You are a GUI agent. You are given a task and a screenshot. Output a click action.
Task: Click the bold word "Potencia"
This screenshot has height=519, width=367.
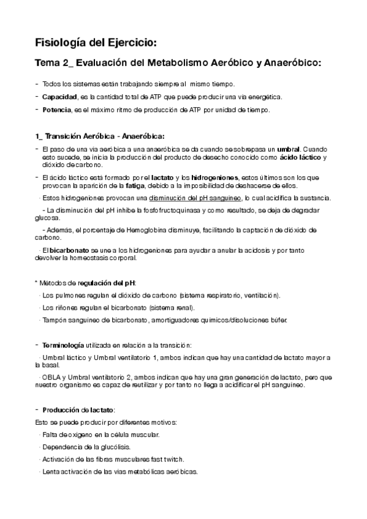55,110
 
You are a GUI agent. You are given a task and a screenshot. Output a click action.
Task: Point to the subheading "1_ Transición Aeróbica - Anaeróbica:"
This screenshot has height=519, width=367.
99,136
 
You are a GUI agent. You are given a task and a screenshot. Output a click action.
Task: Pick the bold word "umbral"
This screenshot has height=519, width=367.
288,149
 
